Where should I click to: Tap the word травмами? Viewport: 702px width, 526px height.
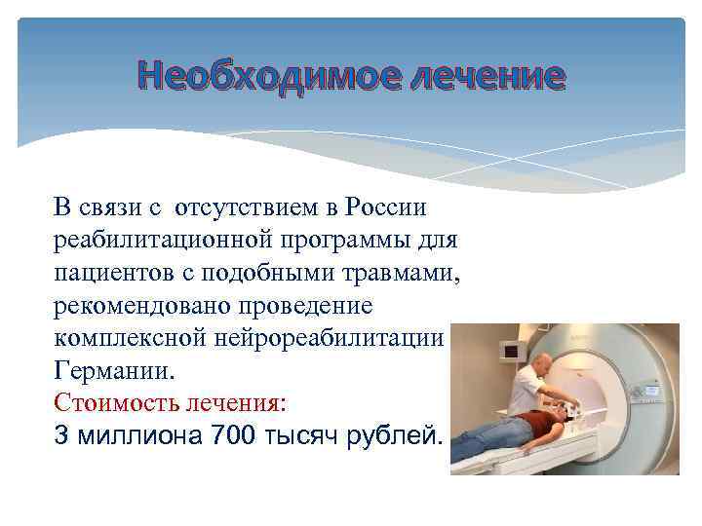399,273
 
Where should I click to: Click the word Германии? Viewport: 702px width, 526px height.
116,371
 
